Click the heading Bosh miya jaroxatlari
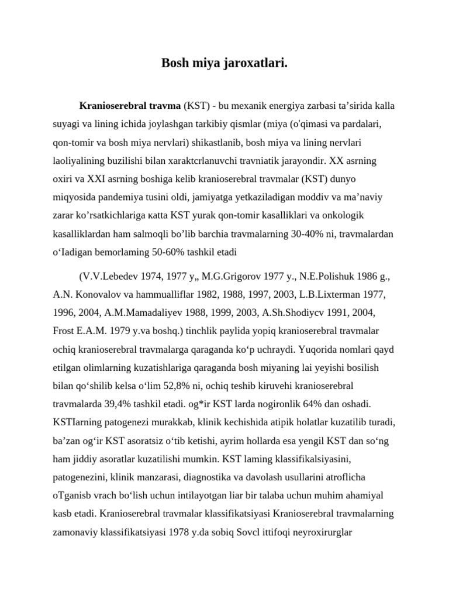(x=224, y=63)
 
